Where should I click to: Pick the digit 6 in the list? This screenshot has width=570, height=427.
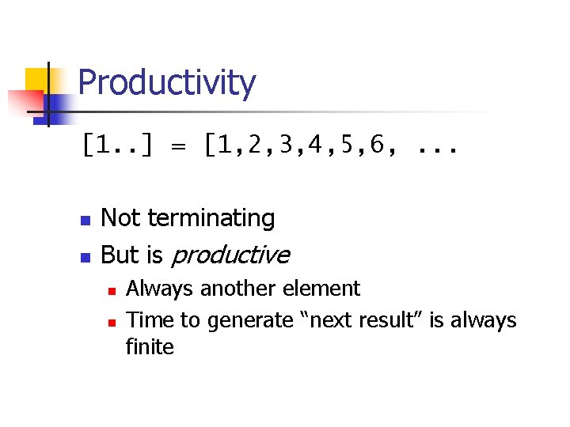pyautogui.click(x=377, y=145)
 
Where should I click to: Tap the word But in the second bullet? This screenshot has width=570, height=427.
pyautogui.click(x=120, y=255)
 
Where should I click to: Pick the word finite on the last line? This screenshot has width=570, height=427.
pyautogui.click(x=150, y=347)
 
